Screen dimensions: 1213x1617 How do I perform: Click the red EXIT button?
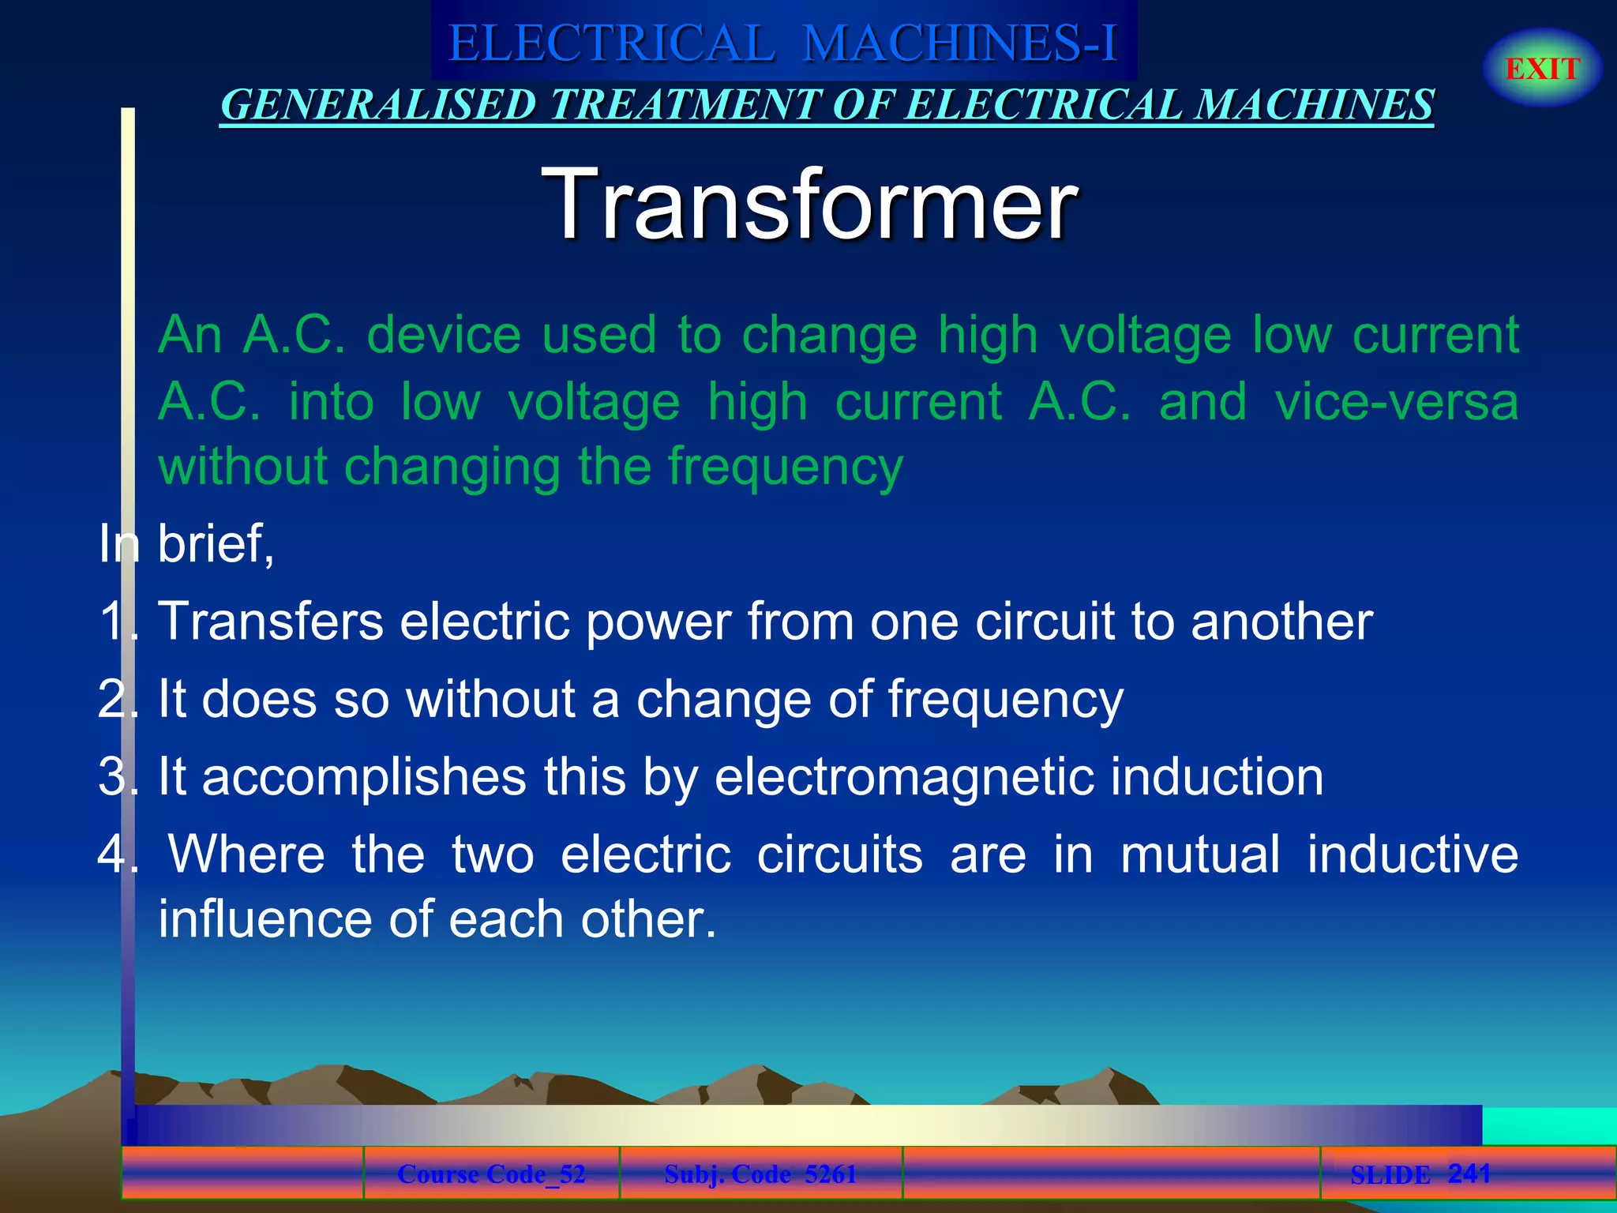click(x=1542, y=69)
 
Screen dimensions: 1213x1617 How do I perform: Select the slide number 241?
click(x=1469, y=1173)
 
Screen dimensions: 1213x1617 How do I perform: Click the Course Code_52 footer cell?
click(x=491, y=1174)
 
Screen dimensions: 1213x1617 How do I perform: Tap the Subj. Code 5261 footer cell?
click(x=760, y=1174)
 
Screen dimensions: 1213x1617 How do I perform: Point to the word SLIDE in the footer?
click(x=1390, y=1175)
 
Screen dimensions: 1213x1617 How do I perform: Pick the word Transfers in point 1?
click(x=271, y=621)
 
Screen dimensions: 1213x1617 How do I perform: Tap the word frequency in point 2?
click(x=1005, y=700)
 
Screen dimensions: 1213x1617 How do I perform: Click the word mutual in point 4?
click(x=1199, y=854)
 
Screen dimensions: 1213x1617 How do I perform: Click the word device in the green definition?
click(x=444, y=335)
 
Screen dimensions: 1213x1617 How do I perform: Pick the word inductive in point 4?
click(x=1413, y=854)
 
